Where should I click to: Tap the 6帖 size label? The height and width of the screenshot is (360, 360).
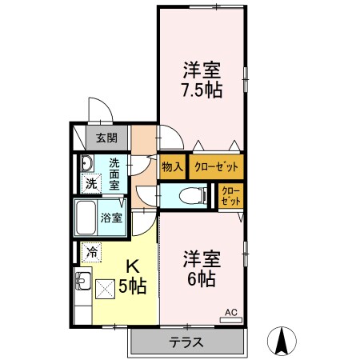201,279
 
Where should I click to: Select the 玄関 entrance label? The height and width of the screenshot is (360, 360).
106,138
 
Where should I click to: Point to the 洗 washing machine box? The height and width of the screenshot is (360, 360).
90,183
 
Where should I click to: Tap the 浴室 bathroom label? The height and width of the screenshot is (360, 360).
111,217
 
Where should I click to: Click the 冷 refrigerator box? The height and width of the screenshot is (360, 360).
92,252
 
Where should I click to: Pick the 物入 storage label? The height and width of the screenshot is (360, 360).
170,167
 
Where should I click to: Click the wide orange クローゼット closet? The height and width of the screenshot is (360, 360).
214,167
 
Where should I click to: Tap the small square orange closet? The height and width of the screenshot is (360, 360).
229,195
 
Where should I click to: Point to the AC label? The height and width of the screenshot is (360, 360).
230,312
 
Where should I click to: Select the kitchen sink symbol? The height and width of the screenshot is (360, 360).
82,282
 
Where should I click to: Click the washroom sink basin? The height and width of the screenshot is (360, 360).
87,164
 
